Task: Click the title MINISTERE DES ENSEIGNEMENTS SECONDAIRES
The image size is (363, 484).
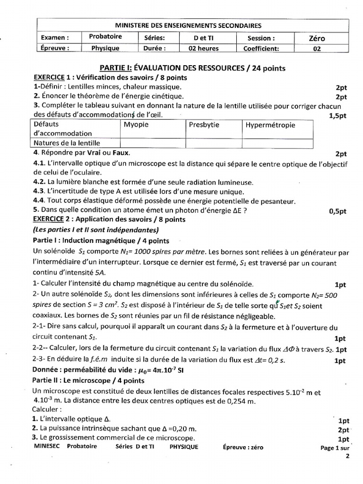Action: [x=188, y=26]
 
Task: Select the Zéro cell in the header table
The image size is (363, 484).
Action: [x=317, y=38]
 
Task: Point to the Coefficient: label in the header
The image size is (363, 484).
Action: [x=261, y=48]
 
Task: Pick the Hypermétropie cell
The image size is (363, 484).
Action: [x=270, y=125]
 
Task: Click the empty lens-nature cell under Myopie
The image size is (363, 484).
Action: [x=153, y=143]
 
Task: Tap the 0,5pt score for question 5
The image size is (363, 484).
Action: [x=337, y=211]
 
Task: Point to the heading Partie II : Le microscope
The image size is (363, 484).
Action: [x=88, y=380]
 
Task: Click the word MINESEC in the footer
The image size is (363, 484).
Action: [x=47, y=447]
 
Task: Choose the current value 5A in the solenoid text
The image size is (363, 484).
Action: [x=100, y=272]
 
